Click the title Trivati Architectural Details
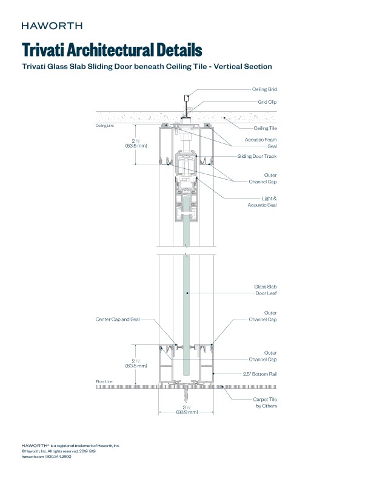[x=112, y=49]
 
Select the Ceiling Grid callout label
[x=264, y=89]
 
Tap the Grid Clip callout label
[x=267, y=103]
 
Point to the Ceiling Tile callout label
[x=265, y=128]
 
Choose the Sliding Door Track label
[x=257, y=156]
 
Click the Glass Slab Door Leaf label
[x=265, y=289]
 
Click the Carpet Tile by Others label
[x=265, y=402]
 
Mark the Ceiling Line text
[x=105, y=126]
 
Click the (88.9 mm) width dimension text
[x=187, y=412]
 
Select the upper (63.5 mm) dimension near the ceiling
[x=136, y=146]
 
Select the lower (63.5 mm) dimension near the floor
[x=136, y=366]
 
